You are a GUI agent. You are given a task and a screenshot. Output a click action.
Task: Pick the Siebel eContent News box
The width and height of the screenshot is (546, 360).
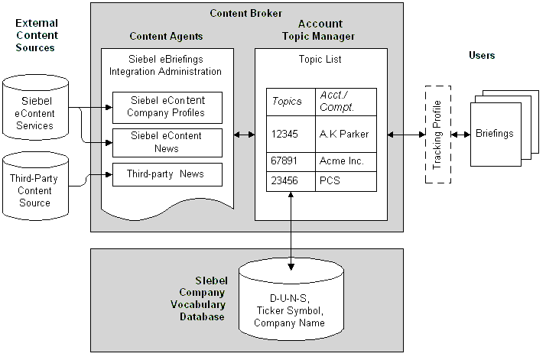167,142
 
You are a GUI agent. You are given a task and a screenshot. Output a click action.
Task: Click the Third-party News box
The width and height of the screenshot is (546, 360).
167,174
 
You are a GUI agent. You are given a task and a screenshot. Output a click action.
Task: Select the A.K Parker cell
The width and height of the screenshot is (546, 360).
346,134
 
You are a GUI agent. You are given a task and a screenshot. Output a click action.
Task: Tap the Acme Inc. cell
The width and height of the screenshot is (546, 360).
346,162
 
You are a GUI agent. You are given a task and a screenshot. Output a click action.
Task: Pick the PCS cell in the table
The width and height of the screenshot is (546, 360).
346,182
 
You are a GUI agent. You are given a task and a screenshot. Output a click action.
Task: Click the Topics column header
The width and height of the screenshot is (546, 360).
289,102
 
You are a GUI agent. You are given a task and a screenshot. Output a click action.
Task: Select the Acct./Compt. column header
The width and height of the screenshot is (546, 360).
346,102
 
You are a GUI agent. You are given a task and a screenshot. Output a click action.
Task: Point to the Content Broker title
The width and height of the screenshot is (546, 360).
246,13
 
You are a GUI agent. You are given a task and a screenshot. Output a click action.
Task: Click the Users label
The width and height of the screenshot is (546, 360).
482,55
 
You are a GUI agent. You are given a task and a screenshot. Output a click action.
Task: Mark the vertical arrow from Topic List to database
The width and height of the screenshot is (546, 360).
291,229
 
